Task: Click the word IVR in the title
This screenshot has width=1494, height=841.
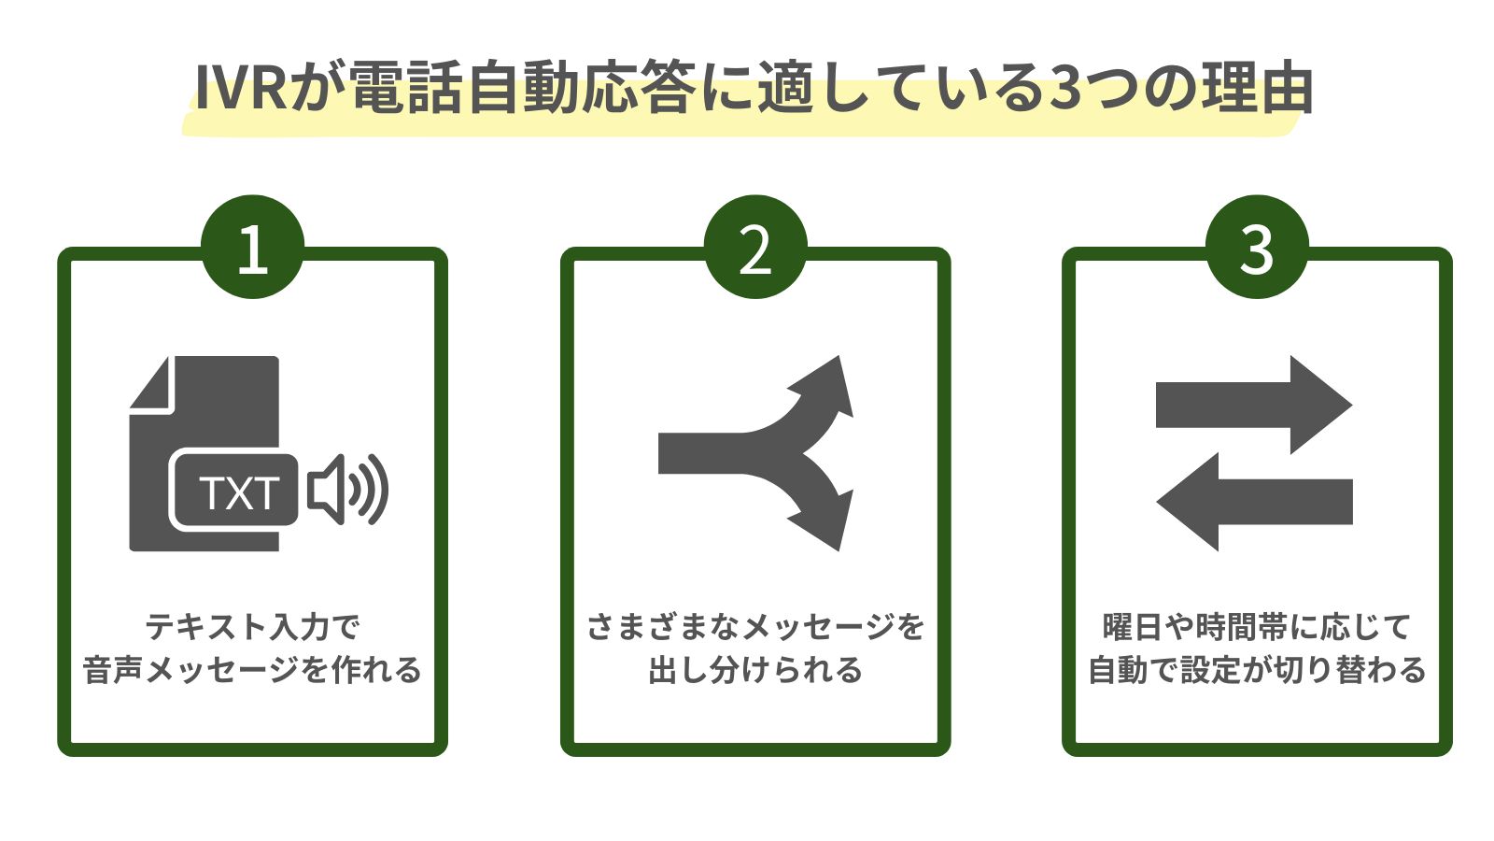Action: [241, 91]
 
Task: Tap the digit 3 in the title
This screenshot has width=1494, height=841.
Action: [1071, 91]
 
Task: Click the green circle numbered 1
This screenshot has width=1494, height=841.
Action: [252, 248]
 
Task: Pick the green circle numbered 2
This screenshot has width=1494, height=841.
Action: [754, 248]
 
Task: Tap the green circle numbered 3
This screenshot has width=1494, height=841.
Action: [1257, 248]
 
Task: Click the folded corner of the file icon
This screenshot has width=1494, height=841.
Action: [152, 383]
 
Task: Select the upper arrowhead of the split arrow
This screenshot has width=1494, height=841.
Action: [827, 384]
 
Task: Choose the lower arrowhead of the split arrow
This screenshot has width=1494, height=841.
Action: [827, 520]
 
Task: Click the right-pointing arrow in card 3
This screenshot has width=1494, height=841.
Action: [1253, 405]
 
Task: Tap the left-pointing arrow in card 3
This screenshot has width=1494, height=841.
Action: [1253, 502]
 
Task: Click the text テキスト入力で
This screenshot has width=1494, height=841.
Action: [252, 627]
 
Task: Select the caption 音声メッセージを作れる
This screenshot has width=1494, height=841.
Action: [252, 670]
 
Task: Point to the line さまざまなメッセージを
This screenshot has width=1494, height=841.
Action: [754, 627]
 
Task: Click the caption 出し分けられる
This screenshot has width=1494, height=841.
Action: [754, 670]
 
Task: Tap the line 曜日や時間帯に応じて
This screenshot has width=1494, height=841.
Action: [1257, 627]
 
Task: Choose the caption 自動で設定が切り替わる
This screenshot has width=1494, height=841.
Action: [1257, 670]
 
